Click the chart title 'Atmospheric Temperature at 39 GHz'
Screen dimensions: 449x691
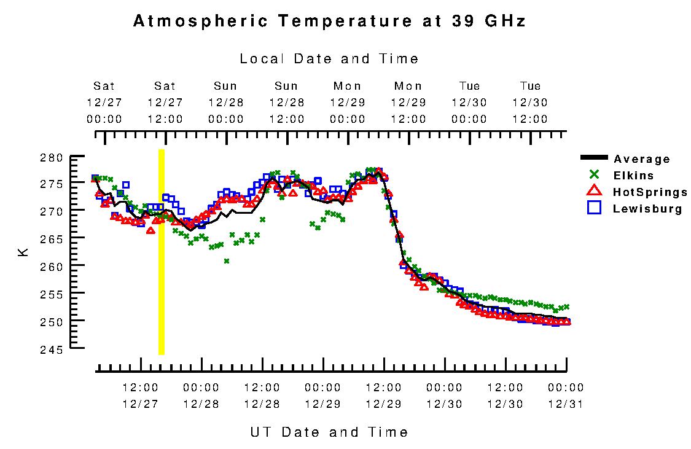pyautogui.click(x=329, y=21)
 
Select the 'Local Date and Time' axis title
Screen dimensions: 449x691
pyautogui.click(x=329, y=59)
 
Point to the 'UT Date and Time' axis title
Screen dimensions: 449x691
pyautogui.click(x=329, y=432)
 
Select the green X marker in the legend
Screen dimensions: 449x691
pyautogui.click(x=593, y=174)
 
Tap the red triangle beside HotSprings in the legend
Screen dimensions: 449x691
pyautogui.click(x=593, y=192)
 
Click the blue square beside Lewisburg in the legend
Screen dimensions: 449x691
pyautogui.click(x=593, y=208)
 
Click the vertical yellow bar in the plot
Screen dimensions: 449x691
pyautogui.click(x=162, y=252)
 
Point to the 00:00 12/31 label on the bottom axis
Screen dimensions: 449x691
pyautogui.click(x=566, y=396)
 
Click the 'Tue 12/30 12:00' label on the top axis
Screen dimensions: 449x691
pyautogui.click(x=531, y=103)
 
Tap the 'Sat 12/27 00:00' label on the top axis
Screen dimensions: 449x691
pyautogui.click(x=104, y=103)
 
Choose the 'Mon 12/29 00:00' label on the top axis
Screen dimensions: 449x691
pyautogui.click(x=348, y=103)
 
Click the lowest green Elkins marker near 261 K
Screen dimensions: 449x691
pyautogui.click(x=227, y=261)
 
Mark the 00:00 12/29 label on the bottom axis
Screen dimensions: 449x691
pyautogui.click(x=322, y=396)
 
